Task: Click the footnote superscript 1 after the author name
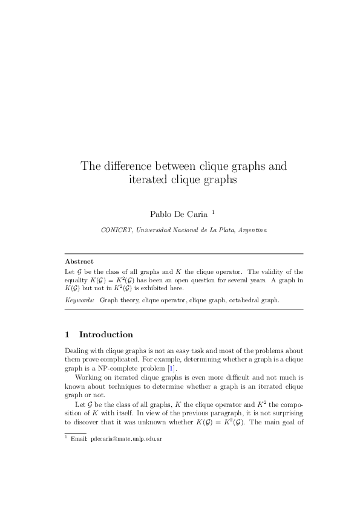pyautogui.click(x=213, y=212)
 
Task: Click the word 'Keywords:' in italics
pyautogui.click(x=79, y=299)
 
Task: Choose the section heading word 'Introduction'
pyautogui.click(x=106, y=334)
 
